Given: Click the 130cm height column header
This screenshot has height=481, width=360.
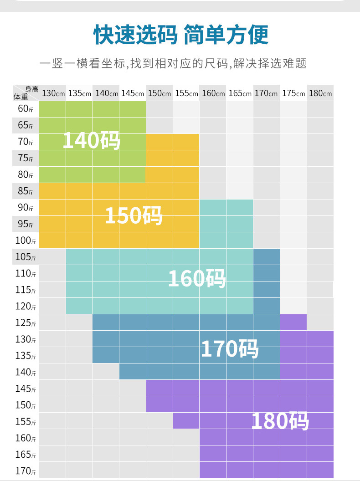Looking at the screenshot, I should (53, 93).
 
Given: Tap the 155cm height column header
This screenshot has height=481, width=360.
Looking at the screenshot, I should (186, 93).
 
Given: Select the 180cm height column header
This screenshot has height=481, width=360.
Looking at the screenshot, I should (320, 93).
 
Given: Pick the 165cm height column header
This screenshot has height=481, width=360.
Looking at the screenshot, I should (240, 93).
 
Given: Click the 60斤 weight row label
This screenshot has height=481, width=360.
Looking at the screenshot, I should (26, 109).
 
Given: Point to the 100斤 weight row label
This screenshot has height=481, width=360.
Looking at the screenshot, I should (26, 240).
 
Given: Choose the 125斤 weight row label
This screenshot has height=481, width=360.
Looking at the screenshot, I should (26, 323).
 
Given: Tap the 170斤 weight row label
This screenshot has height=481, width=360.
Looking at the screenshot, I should (26, 471).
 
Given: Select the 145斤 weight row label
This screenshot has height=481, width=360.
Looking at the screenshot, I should (26, 389).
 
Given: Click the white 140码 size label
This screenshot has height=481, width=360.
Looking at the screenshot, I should (91, 140).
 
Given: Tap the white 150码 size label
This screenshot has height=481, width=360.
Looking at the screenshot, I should (134, 215).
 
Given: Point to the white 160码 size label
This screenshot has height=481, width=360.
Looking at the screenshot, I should (197, 278).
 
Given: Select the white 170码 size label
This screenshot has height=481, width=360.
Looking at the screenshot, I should (230, 349).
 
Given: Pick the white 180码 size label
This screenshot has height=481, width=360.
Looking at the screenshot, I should (280, 421).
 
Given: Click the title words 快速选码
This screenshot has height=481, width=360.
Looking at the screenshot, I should (135, 35).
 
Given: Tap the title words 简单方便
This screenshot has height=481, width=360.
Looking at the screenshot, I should (226, 35).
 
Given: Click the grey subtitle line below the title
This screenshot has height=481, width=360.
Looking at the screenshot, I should (173, 63).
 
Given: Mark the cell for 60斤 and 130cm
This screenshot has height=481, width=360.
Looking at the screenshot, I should (52, 109).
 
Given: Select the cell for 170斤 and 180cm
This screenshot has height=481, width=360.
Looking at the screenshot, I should (320, 470).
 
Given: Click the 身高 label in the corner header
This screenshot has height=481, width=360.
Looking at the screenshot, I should (31, 89).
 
